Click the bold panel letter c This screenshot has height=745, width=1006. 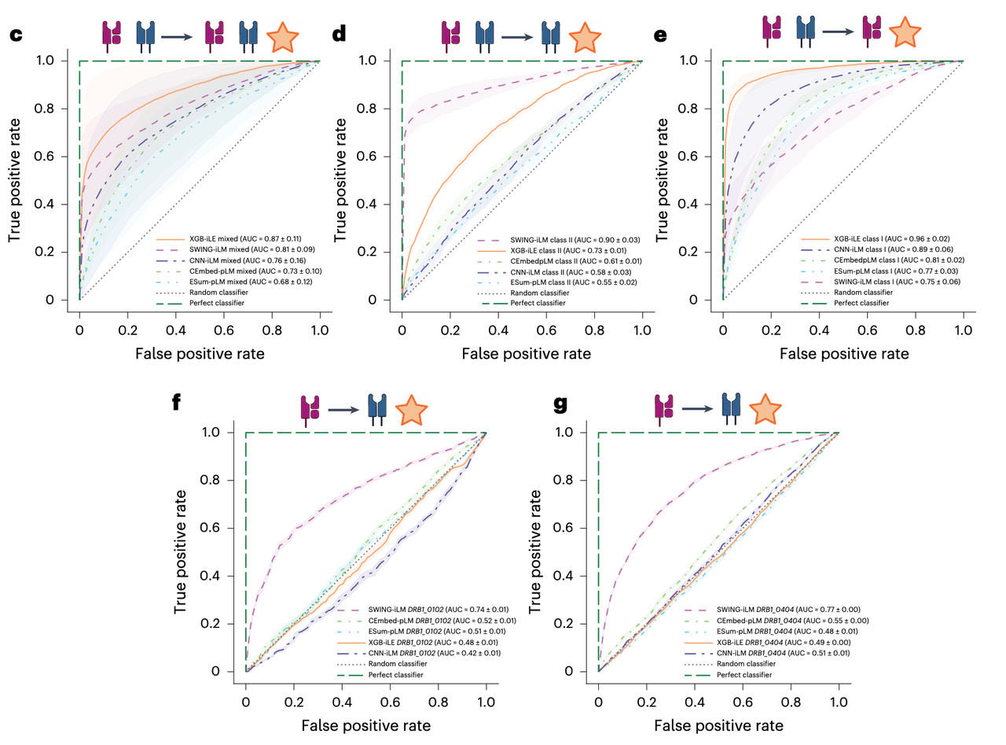(x=15, y=35)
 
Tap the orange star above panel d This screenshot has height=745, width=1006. (x=583, y=37)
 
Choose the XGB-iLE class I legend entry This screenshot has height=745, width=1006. (x=881, y=238)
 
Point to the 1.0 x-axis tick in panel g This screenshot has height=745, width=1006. (x=839, y=695)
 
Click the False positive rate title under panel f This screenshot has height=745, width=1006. (x=366, y=725)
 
